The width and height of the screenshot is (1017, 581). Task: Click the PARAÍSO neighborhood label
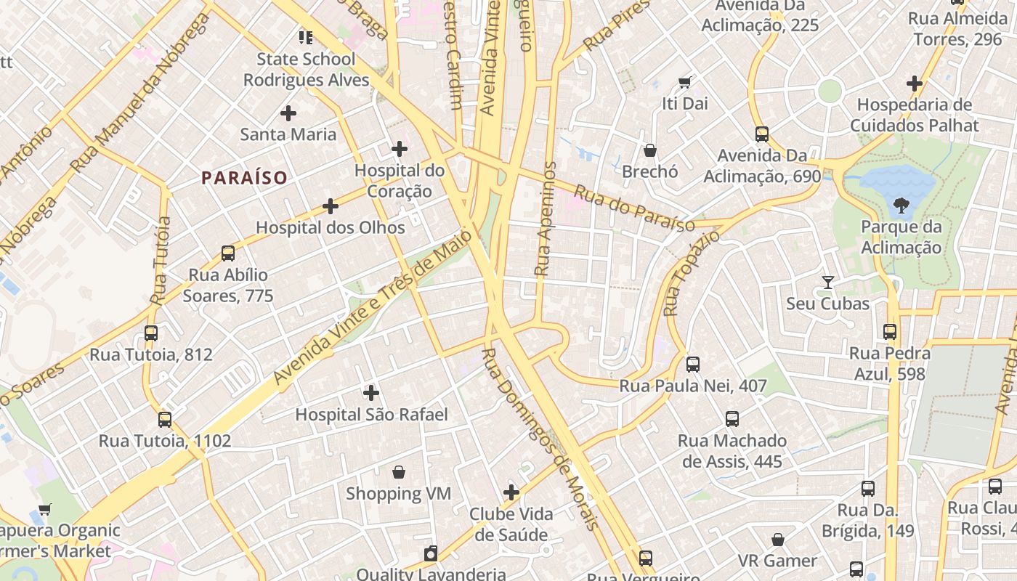pyautogui.click(x=244, y=177)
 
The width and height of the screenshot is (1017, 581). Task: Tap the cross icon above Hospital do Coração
pyautogui.click(x=399, y=149)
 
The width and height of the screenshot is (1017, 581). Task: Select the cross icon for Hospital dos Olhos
pyautogui.click(x=331, y=206)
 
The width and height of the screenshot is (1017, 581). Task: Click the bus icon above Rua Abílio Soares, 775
pyautogui.click(x=228, y=253)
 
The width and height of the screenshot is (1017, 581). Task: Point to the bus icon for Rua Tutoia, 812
pyautogui.click(x=151, y=333)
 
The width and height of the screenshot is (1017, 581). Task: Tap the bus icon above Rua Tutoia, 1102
pyautogui.click(x=165, y=419)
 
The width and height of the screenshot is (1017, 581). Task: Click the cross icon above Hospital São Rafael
pyautogui.click(x=371, y=393)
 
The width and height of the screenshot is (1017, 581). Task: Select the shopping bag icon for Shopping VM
pyautogui.click(x=399, y=472)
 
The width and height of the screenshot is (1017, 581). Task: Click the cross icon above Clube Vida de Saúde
pyautogui.click(x=511, y=492)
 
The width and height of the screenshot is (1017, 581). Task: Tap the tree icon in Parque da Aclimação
pyautogui.click(x=901, y=206)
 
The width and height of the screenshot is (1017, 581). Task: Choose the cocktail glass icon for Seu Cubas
pyautogui.click(x=827, y=282)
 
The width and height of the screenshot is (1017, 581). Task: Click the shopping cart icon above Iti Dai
pyautogui.click(x=684, y=82)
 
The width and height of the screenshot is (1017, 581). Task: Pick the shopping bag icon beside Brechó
pyautogui.click(x=650, y=150)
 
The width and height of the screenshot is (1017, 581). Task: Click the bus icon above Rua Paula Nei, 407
pyautogui.click(x=693, y=364)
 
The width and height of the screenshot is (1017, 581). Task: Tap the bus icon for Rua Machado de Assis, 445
pyautogui.click(x=732, y=419)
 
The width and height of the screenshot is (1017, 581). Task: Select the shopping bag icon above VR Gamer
pyautogui.click(x=778, y=540)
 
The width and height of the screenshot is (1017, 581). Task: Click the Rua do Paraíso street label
pyautogui.click(x=634, y=209)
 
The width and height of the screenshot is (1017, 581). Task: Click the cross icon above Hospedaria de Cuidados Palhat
pyautogui.click(x=915, y=84)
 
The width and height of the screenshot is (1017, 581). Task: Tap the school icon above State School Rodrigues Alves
pyautogui.click(x=306, y=37)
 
